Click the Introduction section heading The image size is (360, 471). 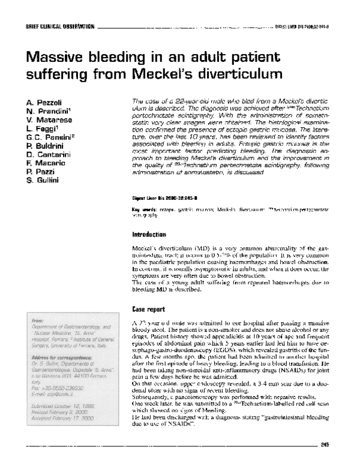151,235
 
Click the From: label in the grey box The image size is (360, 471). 39,322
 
